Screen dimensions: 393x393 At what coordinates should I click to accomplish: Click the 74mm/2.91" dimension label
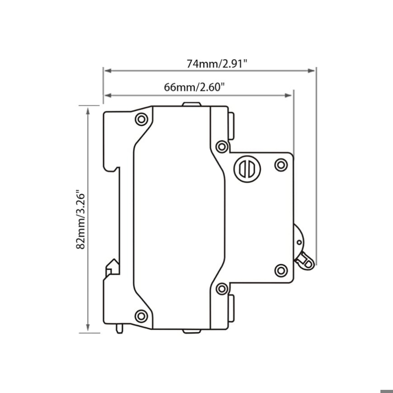tap(217, 63)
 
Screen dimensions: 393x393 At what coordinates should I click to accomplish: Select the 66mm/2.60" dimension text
tap(194, 87)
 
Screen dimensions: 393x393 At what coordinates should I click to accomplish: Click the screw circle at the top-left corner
tap(141, 119)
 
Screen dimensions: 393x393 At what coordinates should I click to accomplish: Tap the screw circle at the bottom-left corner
tap(141, 315)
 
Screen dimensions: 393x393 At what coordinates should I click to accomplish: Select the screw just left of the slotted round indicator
tap(222, 147)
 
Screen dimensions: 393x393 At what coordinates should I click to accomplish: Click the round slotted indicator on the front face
tap(247, 169)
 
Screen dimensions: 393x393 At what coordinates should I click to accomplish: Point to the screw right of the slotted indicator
tap(281, 165)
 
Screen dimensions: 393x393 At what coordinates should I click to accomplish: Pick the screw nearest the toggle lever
tap(281, 270)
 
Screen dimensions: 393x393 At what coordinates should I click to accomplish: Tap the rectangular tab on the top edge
tap(192, 104)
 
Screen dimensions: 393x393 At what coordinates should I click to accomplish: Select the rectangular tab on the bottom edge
tap(192, 331)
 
